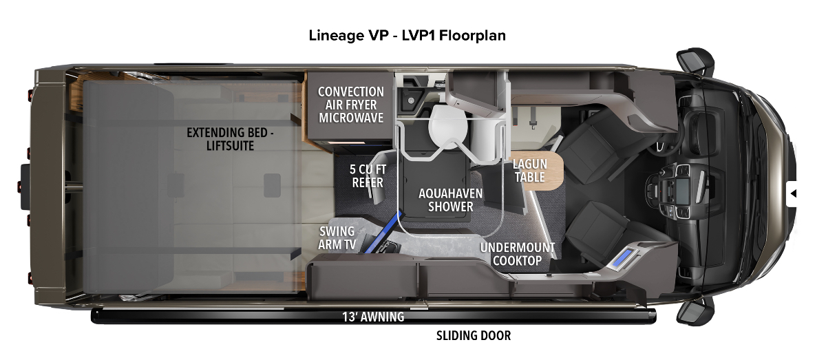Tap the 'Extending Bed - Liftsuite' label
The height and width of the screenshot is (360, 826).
point(230,138)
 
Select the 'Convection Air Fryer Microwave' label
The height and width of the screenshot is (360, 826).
point(350,105)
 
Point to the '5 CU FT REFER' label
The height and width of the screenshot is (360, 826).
point(366,176)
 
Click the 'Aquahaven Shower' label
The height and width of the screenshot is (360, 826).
point(451,200)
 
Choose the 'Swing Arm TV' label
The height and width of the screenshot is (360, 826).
point(337,237)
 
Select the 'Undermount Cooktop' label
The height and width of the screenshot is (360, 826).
point(518,253)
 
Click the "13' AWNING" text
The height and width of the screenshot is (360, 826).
point(373,317)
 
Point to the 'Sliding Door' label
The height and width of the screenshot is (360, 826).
point(474,336)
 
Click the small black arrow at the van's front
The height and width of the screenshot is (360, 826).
point(794,193)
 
